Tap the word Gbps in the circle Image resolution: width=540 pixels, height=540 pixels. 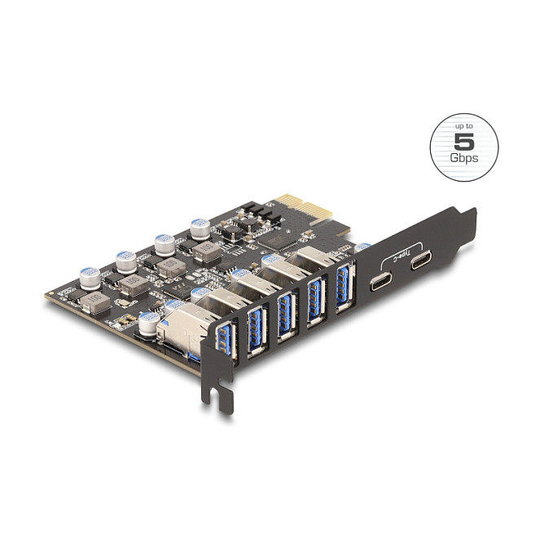pos(463,157)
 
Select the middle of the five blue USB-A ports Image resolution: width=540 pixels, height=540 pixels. pos(285,312)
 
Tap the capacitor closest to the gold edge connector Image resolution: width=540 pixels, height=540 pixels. pos(200,229)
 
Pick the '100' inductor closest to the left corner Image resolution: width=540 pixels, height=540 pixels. pos(94,303)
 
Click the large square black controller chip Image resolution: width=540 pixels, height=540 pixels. pos(279,238)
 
